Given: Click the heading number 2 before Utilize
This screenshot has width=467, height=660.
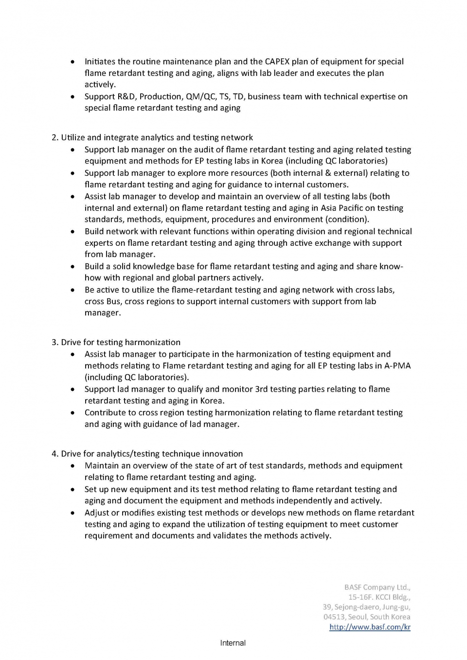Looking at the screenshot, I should [54, 137].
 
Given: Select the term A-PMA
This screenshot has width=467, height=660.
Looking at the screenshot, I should [397, 366].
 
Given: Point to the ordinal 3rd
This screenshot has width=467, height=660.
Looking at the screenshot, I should [261, 389].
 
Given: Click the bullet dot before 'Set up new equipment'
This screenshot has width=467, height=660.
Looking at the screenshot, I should [72, 489].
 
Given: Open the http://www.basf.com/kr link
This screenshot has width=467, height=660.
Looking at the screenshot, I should [370, 627].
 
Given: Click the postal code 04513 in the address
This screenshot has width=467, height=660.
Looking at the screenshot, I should [334, 617].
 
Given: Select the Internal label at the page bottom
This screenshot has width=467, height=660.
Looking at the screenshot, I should [233, 643].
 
